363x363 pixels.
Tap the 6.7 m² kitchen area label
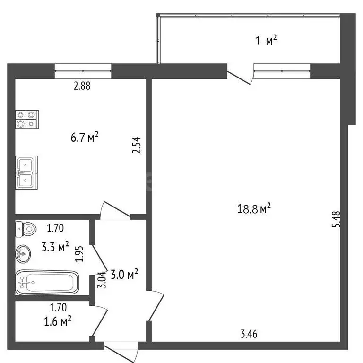(84, 138)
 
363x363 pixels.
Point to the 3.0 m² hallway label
(123, 274)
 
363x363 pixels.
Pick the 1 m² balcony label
(266, 41)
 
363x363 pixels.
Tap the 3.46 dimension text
(249, 335)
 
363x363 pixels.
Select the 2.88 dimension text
(82, 86)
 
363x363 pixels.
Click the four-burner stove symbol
(26, 119)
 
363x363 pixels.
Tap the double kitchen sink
(26, 173)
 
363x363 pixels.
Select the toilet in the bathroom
(26, 229)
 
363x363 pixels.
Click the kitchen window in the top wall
(83, 71)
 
